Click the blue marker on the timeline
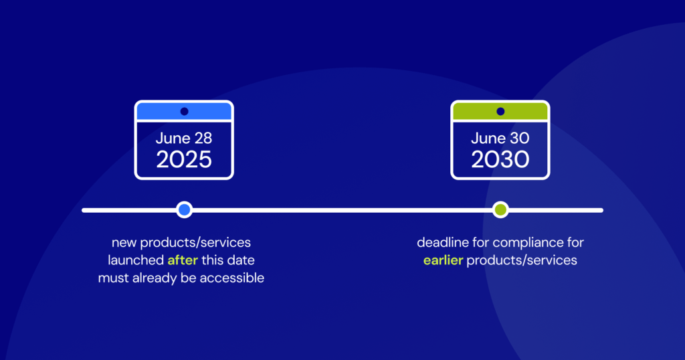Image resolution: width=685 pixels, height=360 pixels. pyautogui.click(x=185, y=210)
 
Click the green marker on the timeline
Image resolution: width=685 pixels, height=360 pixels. pyautogui.click(x=500, y=210)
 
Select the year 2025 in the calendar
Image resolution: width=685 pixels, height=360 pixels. pyautogui.click(x=184, y=159)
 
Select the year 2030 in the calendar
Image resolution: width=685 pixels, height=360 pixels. pyautogui.click(x=500, y=159)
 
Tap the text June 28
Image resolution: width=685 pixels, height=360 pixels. pyautogui.click(x=184, y=139)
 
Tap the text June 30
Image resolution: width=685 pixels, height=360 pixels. pyautogui.click(x=500, y=139)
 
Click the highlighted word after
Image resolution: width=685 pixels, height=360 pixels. pyautogui.click(x=183, y=260)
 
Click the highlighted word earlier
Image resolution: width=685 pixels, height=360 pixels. pyautogui.click(x=443, y=260)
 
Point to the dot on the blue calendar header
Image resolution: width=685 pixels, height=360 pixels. pyautogui.click(x=184, y=111)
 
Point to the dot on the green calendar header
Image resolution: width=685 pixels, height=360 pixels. pyautogui.click(x=500, y=111)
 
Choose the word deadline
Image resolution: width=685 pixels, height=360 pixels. pyautogui.click(x=442, y=242)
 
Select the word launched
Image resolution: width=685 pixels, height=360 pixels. pyautogui.click(x=136, y=260)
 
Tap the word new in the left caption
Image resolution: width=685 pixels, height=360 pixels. pyautogui.click(x=124, y=242)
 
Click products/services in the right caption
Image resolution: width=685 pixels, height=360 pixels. pyautogui.click(x=522, y=260)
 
